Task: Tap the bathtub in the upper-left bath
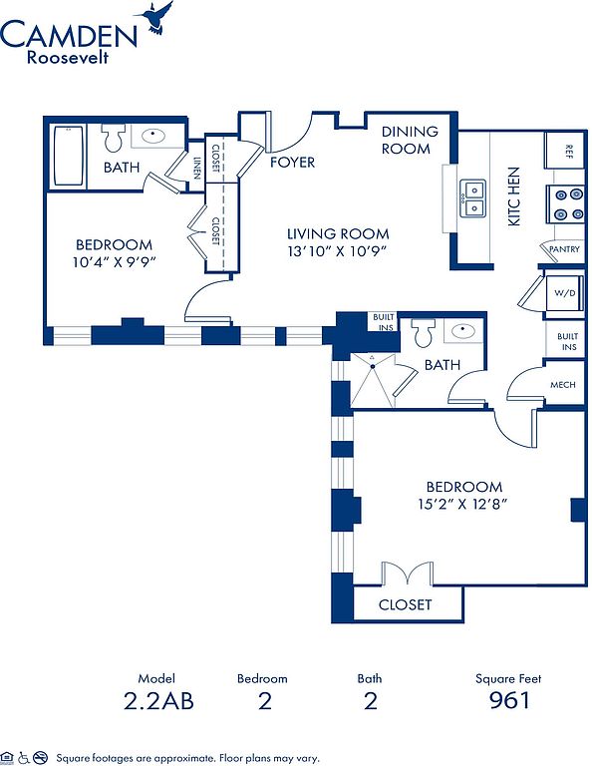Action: point(69,156)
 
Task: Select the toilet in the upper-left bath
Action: point(114,139)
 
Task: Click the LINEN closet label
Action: point(197,168)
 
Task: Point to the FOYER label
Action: point(292,162)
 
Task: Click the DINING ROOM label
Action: point(409,140)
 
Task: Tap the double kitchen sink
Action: point(473,197)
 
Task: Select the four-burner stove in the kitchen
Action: point(565,204)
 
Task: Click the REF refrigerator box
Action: point(565,149)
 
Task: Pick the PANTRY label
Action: point(564,249)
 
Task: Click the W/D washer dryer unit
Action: point(564,293)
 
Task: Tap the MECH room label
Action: point(563,385)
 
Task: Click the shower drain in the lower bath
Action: point(372,365)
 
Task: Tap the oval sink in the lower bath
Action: point(463,331)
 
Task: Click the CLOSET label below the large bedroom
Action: point(405,604)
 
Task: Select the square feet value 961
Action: point(509,700)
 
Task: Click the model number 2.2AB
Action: point(158,700)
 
